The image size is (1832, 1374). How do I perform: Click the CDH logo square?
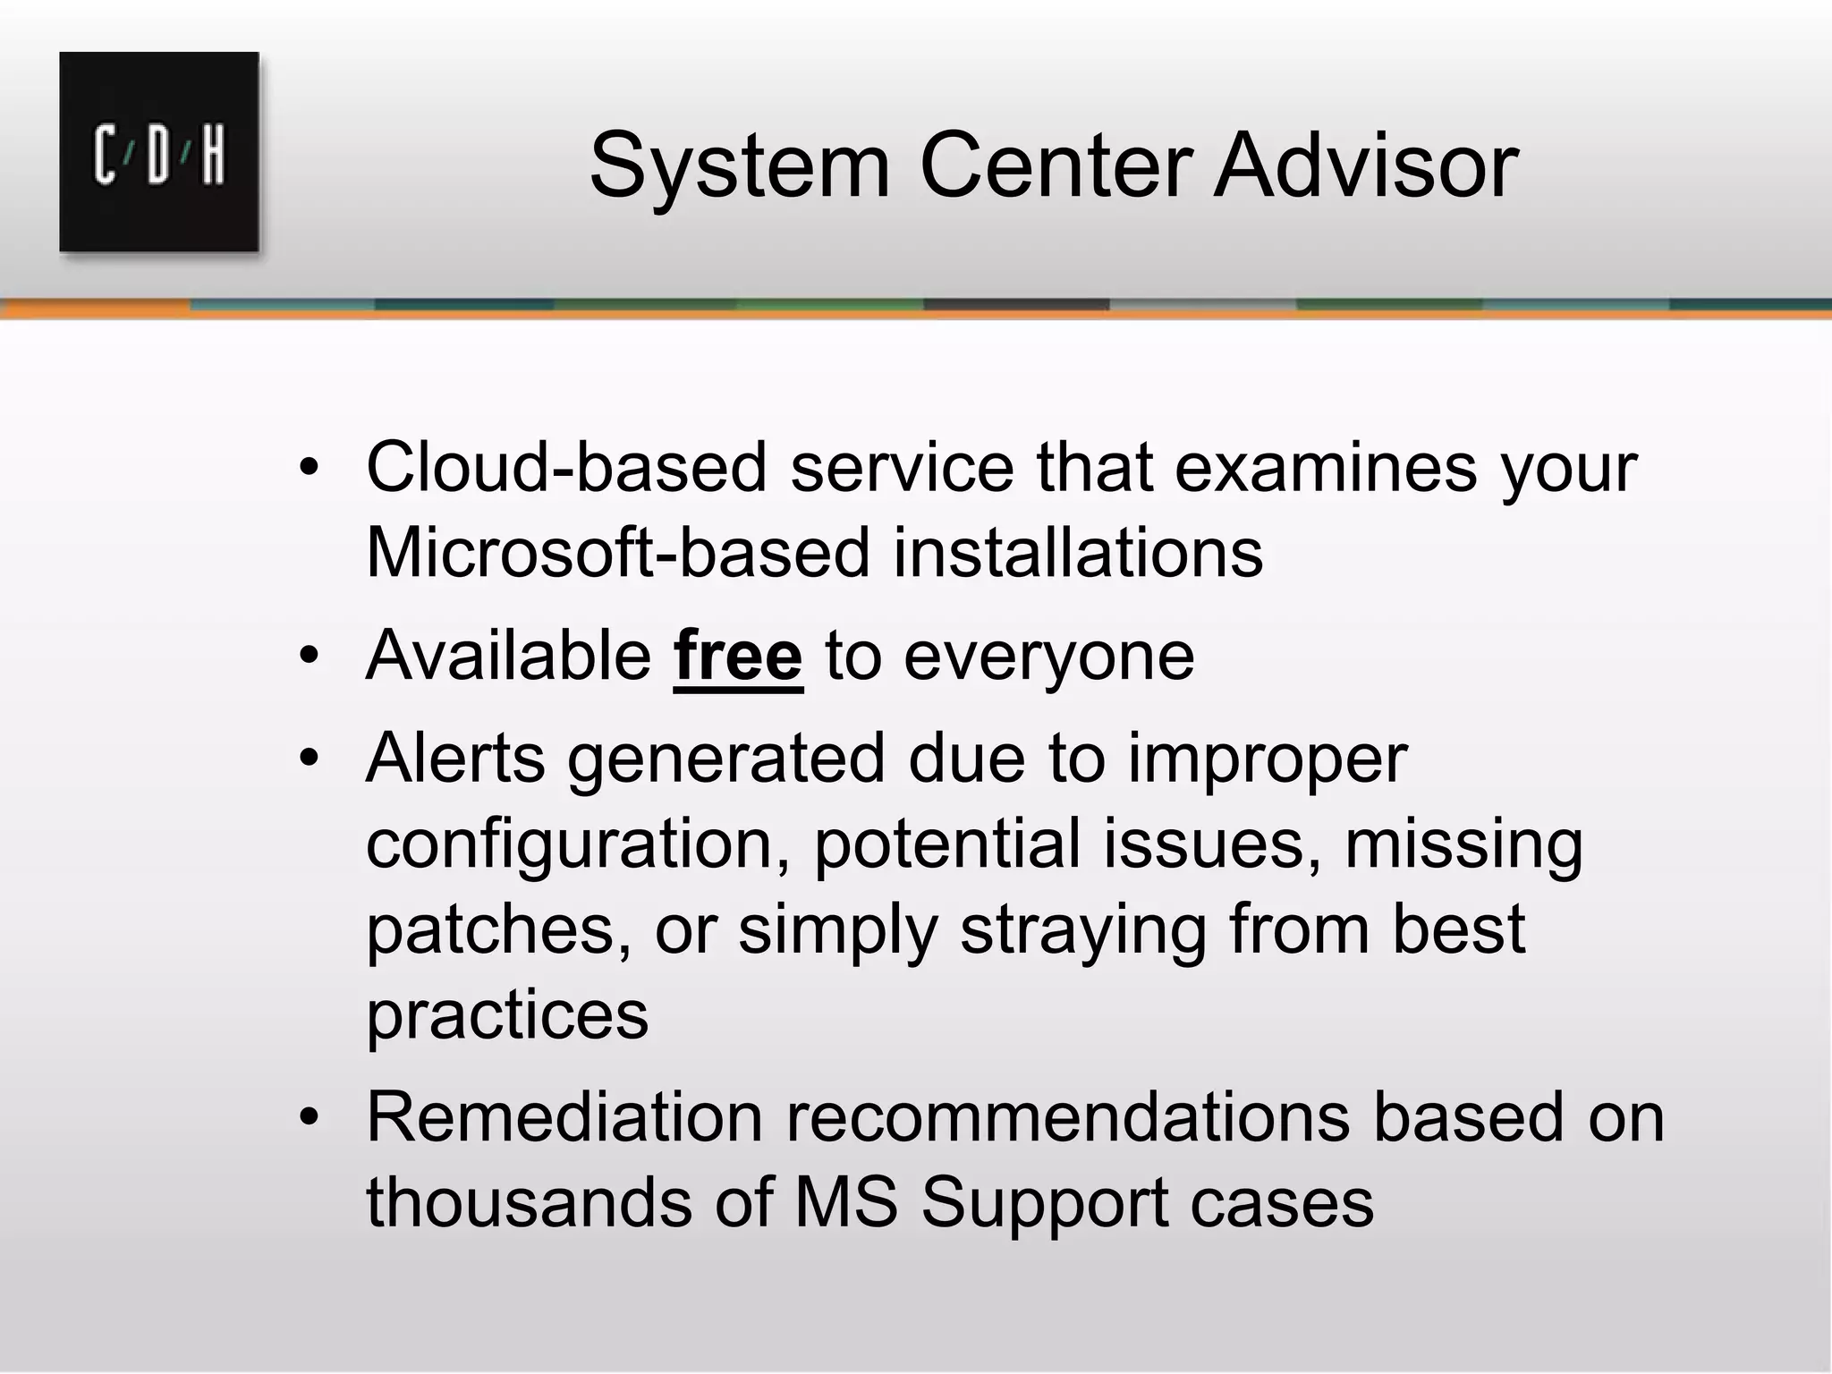(159, 152)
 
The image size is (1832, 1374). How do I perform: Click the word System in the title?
(740, 166)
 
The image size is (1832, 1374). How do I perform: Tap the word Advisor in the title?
(1365, 166)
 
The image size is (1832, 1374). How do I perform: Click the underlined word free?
(738, 657)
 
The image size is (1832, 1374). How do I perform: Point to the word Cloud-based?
(566, 468)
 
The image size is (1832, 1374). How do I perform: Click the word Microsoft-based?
(617, 553)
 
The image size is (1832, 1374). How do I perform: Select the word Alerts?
(455, 759)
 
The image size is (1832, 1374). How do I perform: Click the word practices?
(507, 1015)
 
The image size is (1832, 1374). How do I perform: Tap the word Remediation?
(564, 1118)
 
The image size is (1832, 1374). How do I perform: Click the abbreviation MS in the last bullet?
(845, 1203)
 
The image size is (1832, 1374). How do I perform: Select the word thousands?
(529, 1203)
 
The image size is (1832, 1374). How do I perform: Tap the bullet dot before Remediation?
(310, 1118)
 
